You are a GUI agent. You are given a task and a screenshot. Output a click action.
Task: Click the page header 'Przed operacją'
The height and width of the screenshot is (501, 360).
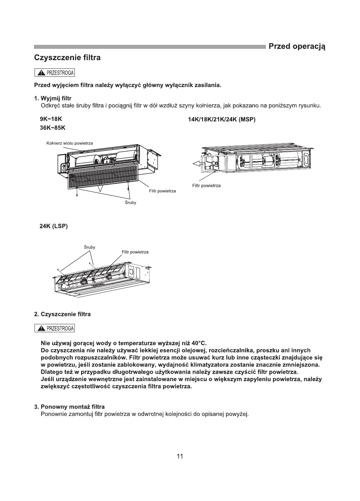pyautogui.click(x=297, y=46)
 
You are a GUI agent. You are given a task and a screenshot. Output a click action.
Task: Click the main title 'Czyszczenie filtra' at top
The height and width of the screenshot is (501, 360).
pyautogui.click(x=67, y=58)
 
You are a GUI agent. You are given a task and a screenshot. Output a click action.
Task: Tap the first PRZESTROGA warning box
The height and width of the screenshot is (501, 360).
pyautogui.click(x=55, y=73)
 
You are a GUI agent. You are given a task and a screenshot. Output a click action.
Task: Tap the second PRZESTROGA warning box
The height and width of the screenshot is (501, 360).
pyautogui.click(x=55, y=329)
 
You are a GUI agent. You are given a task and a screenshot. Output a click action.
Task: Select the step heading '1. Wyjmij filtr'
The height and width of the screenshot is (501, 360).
pyautogui.click(x=53, y=98)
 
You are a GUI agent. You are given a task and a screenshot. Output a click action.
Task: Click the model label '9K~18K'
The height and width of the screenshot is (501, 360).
pyautogui.click(x=51, y=119)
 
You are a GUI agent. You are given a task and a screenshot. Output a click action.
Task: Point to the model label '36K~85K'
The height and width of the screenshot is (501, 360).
pyautogui.click(x=53, y=128)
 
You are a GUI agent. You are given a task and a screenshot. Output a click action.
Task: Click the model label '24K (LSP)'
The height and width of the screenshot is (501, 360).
pyautogui.click(x=54, y=226)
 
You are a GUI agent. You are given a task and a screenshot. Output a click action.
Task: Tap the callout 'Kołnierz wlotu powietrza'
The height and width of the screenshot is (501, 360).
pyautogui.click(x=69, y=143)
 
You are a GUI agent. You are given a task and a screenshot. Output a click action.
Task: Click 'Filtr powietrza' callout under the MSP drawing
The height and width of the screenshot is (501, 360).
pyautogui.click(x=206, y=185)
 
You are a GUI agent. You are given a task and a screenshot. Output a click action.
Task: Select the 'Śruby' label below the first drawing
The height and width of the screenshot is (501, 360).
pyautogui.click(x=130, y=203)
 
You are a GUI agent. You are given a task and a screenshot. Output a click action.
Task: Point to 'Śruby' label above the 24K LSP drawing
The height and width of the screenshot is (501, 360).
pyautogui.click(x=89, y=247)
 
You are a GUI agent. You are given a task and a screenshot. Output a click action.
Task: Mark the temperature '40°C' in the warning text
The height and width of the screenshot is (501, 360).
pyautogui.click(x=199, y=343)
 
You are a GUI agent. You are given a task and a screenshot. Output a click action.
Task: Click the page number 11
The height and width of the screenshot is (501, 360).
pyautogui.click(x=180, y=456)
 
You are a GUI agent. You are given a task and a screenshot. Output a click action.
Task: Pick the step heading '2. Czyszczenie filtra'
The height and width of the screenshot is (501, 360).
pyautogui.click(x=62, y=314)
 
